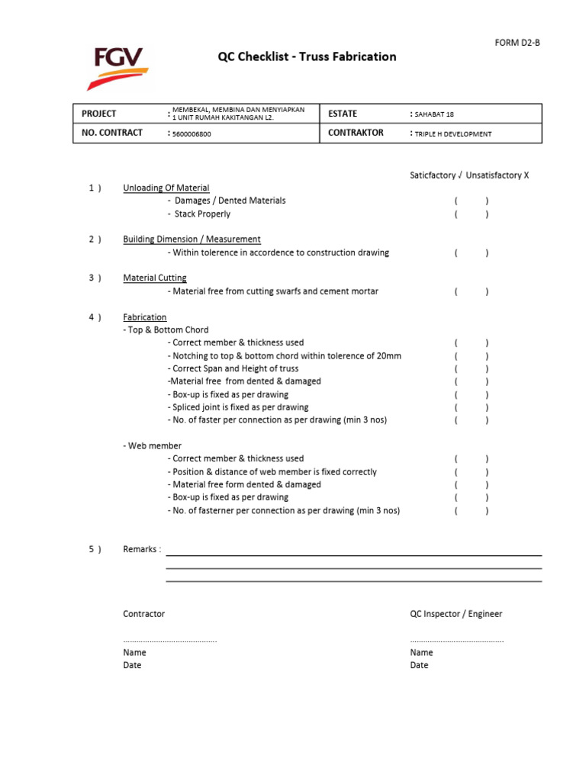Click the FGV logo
(117, 66)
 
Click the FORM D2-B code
(518, 43)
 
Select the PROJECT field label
(99, 114)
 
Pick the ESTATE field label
(343, 114)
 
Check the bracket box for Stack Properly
(472, 214)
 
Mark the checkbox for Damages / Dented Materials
(472, 201)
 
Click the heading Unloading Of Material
(166, 188)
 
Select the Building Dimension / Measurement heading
(192, 239)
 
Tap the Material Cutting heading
(155, 278)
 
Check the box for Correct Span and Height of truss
(472, 368)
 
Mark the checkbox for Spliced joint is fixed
(472, 407)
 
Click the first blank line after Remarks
(354, 554)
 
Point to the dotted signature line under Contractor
(170, 641)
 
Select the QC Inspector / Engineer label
(456, 614)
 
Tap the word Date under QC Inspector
(419, 665)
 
